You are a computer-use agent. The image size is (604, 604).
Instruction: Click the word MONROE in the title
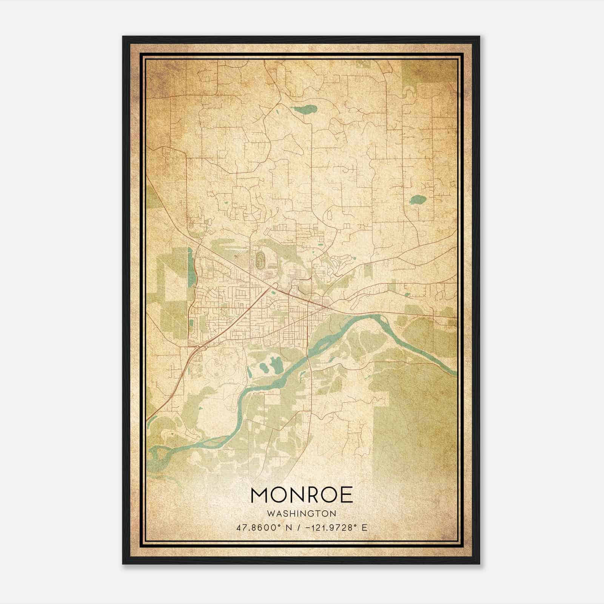pos(301,495)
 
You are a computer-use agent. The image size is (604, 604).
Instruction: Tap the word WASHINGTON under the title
pos(301,514)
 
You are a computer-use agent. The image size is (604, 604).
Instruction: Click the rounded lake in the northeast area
pos(417,200)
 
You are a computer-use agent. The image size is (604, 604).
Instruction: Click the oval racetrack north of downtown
pos(260,259)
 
